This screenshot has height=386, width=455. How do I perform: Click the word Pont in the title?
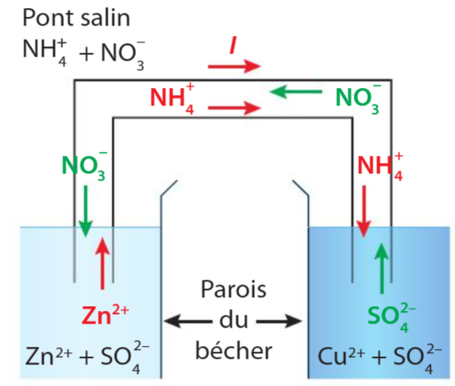coord(48,18)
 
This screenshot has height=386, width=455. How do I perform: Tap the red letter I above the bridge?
coord(233,46)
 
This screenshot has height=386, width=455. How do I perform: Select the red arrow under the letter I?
coord(234,66)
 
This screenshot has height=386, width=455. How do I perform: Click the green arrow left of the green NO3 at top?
coord(295,91)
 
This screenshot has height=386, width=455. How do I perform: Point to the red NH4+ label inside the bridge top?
coord(173,98)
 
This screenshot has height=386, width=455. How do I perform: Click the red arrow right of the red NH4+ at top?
coord(234,108)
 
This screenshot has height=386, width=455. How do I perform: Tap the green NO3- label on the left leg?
coord(84,166)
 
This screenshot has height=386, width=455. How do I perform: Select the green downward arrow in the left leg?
coord(86,212)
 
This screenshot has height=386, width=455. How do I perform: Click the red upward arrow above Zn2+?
coord(102,263)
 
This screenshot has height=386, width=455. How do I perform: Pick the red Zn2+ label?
coord(105,315)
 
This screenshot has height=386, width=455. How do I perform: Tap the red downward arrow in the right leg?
coord(364,212)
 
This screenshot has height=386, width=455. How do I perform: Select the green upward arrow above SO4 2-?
coord(381,269)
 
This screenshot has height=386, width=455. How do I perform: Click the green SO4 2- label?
coord(392,318)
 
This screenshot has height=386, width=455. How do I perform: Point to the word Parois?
coord(233,289)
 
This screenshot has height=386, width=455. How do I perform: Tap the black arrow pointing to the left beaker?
coord(188,321)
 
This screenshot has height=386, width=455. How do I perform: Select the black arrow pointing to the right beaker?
coord(279,321)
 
